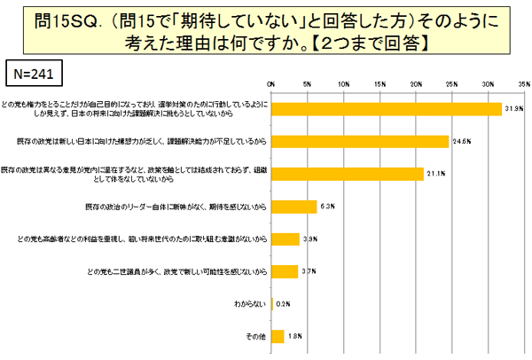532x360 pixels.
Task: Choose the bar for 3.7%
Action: [285, 271]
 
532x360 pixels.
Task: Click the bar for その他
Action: [278, 336]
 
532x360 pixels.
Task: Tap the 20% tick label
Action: [416, 84]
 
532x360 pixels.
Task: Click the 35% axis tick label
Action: [524, 84]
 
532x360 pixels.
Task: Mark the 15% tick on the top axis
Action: [379, 84]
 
